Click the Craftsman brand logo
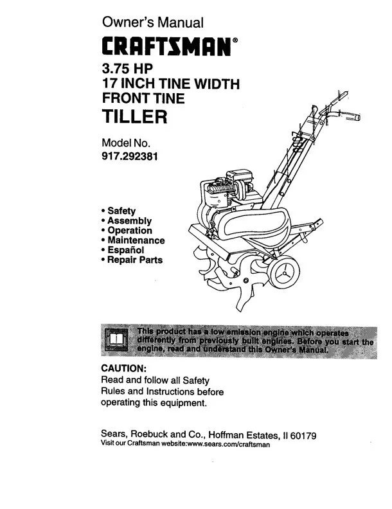click(166, 46)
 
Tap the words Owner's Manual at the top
click(152, 22)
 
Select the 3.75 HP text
click(127, 68)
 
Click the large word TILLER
click(135, 116)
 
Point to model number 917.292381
click(130, 156)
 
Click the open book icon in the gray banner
click(116, 340)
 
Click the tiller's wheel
click(285, 272)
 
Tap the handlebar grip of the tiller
click(353, 116)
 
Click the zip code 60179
click(303, 436)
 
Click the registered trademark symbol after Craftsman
click(235, 40)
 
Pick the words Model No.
click(126, 143)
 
